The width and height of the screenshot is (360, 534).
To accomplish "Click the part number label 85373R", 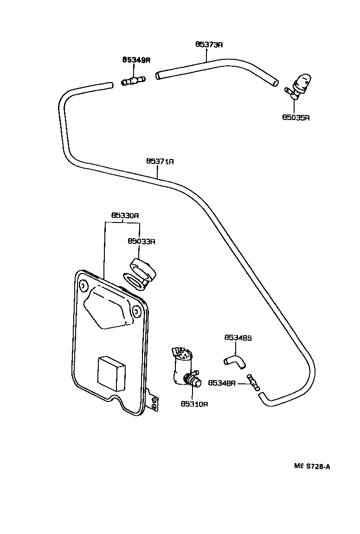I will pos(209,44).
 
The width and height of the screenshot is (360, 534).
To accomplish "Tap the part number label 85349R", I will pos(136,60).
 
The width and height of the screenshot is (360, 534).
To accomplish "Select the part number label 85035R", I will pos(296,117).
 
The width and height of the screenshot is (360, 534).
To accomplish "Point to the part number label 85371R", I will pos(160,161).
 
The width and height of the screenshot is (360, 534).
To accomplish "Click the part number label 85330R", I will pos(125,216).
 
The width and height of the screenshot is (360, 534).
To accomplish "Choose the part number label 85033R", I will pos(141,241).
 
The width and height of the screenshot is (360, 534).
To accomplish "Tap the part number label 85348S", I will pos(238,338).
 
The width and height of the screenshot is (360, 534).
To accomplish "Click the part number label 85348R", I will pos(222,383).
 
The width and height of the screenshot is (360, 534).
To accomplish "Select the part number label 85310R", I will pos(194,404).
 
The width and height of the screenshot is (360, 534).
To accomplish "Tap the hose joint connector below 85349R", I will pos(133,82).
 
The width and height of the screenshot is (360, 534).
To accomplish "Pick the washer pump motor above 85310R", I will pos(185,369).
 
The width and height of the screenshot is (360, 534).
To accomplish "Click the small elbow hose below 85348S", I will pos(235,362).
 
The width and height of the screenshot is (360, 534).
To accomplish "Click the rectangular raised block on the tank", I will pos(111,373).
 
